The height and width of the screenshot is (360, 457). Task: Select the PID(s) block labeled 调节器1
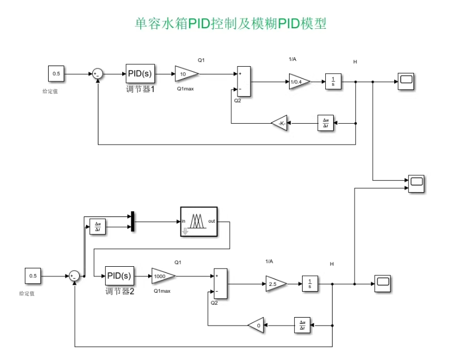pos(140,74)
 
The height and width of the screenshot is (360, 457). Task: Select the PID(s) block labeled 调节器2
pos(119,276)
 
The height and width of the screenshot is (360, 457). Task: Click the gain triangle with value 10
pos(186,74)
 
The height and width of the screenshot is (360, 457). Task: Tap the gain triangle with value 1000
pos(162,276)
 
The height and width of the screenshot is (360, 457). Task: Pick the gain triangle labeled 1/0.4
pos(298,81)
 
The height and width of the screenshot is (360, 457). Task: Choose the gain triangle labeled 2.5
pos(275,284)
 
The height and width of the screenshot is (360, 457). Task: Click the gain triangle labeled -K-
pos(280,123)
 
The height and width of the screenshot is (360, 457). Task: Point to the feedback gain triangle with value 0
pos(257,326)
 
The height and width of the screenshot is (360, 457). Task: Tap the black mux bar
pos(132,222)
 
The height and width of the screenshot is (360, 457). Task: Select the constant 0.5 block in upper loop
pos(56,74)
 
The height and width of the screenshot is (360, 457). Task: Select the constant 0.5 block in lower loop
pos(33,276)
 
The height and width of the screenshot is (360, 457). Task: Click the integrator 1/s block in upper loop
pos(333,81)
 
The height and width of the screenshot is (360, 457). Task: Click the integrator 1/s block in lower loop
pos(309,284)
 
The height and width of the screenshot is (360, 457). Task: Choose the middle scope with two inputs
pos(416,184)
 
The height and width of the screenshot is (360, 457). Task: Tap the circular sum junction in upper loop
pos(97,74)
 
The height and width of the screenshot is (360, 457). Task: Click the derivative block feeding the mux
pos(98,227)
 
